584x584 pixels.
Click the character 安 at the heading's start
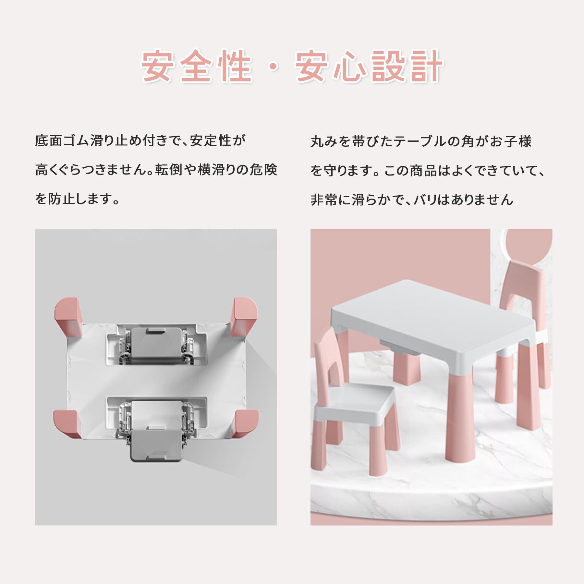[x=157, y=66]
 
